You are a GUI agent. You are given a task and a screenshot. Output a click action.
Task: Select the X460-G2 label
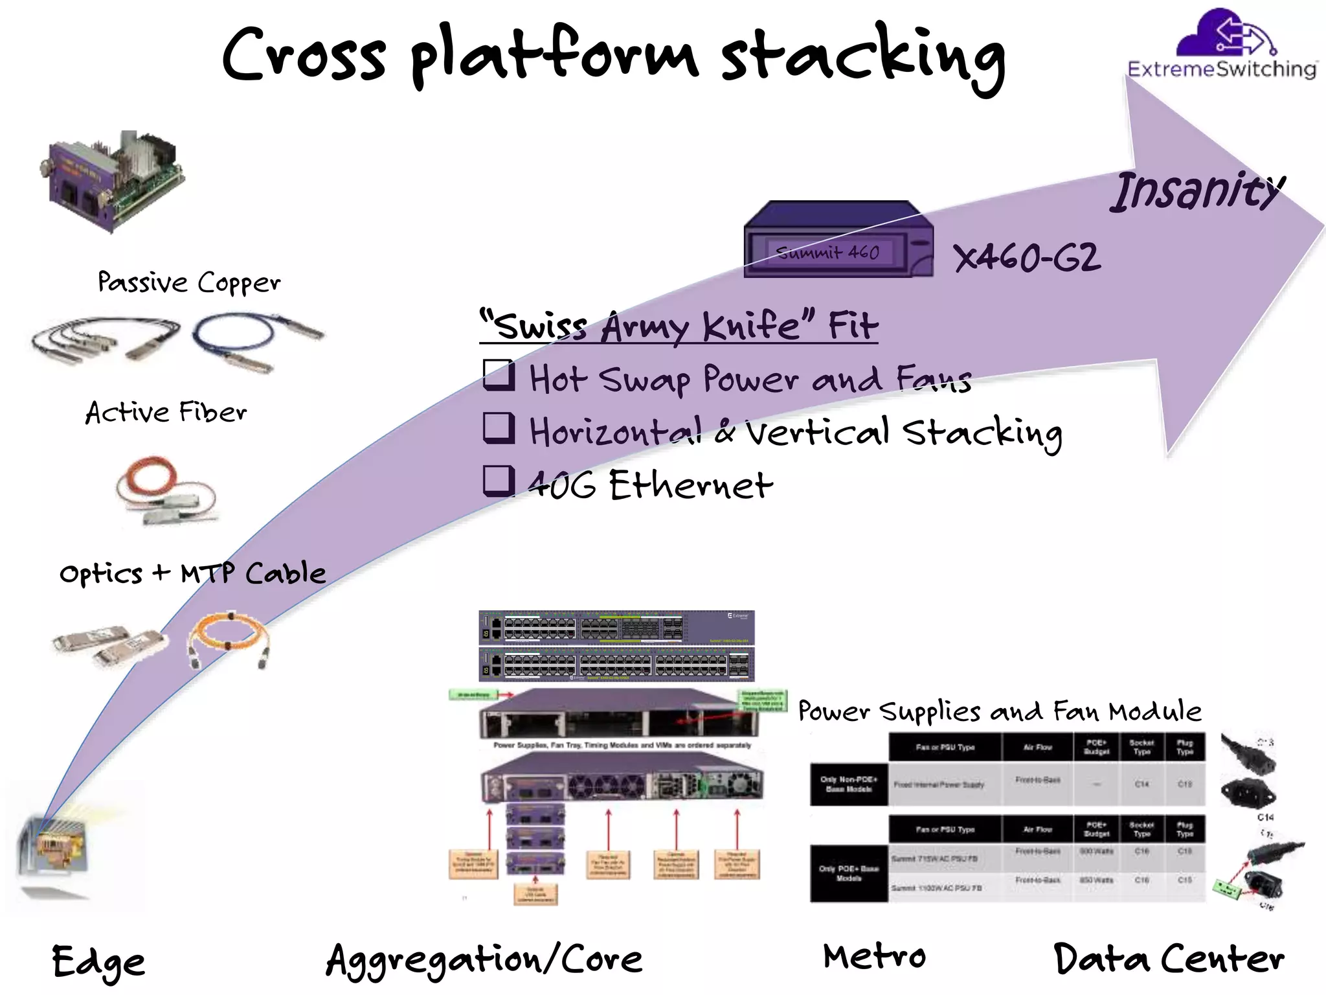click(1027, 258)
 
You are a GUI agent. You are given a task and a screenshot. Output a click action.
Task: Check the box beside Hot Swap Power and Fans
click(499, 376)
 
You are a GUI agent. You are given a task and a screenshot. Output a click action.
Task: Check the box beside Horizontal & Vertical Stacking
click(499, 428)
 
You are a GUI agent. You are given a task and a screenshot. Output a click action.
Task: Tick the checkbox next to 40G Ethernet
click(499, 481)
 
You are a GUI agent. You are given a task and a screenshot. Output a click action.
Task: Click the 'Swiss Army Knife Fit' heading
click(679, 325)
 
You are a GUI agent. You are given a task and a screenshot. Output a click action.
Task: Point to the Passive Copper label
click(189, 283)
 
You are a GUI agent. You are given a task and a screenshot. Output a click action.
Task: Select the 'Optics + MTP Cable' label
click(192, 574)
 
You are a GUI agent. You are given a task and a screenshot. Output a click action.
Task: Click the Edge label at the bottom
click(98, 962)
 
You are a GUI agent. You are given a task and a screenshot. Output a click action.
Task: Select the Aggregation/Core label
click(484, 959)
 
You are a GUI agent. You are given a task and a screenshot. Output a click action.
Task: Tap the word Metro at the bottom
click(874, 957)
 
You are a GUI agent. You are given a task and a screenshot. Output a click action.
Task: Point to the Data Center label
click(1169, 959)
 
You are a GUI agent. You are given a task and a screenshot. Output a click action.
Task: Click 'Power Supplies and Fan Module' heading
click(1000, 711)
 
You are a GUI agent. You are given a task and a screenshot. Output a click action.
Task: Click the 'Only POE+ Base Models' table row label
click(848, 873)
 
